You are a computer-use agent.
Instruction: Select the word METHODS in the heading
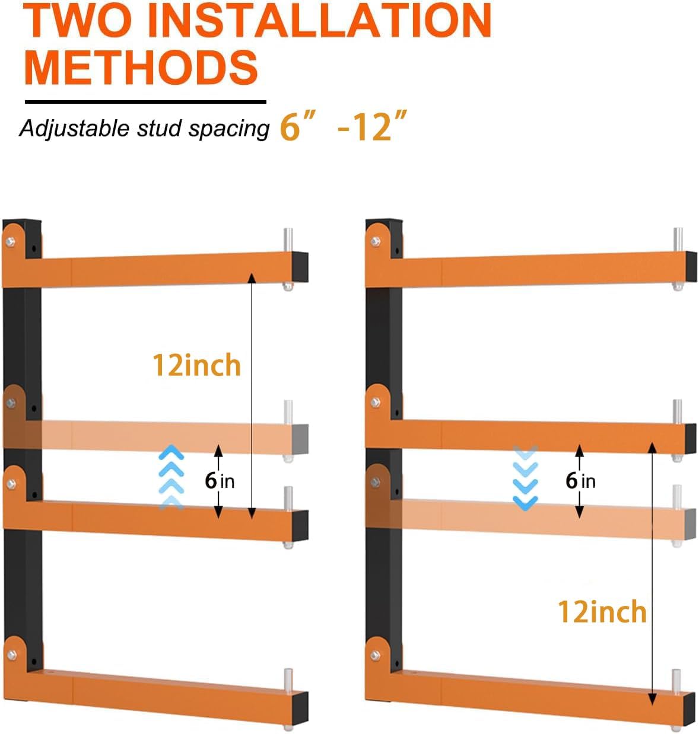pyautogui.click(x=141, y=66)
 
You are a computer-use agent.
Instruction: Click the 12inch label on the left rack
pyautogui.click(x=196, y=365)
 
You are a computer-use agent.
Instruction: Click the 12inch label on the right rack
pyautogui.click(x=602, y=611)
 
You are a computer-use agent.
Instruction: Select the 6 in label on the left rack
pyautogui.click(x=220, y=480)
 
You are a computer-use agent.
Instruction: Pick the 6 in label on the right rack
pyautogui.click(x=580, y=480)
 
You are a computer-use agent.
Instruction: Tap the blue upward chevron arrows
pyautogui.click(x=171, y=477)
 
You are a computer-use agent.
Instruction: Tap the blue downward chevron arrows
pyautogui.click(x=526, y=478)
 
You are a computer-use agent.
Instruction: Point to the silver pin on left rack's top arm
pyautogui.click(x=288, y=241)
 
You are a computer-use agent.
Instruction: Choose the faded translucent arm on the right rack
pyautogui.click(x=534, y=516)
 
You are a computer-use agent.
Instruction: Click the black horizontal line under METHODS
pyautogui.click(x=145, y=102)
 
